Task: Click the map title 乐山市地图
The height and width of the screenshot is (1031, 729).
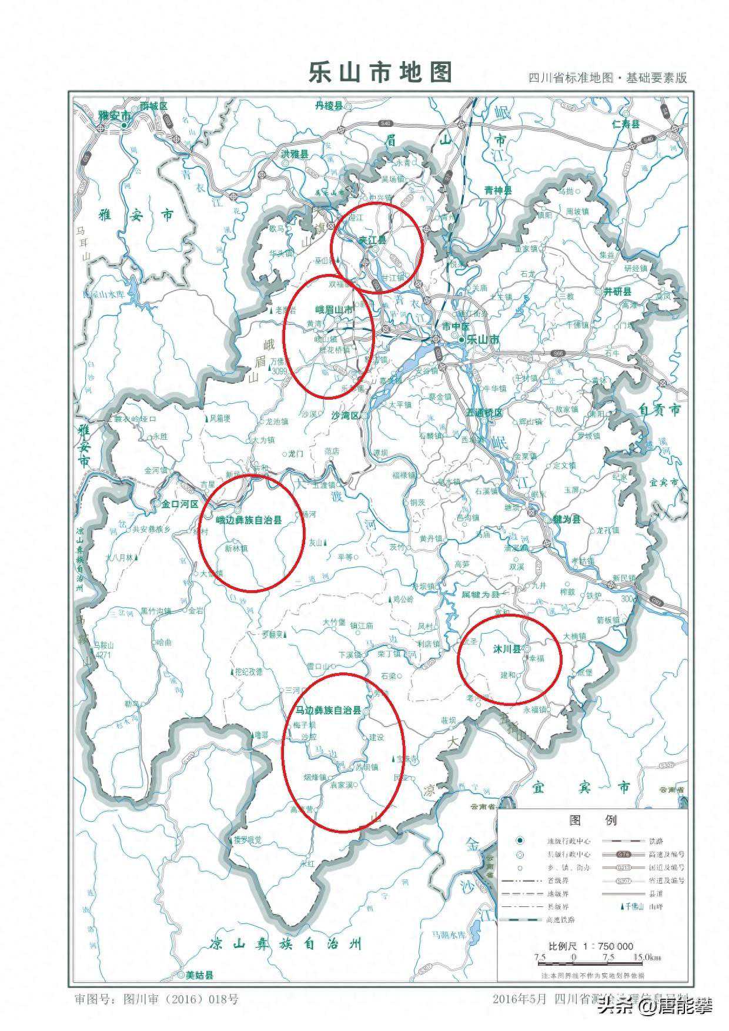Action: (x=380, y=72)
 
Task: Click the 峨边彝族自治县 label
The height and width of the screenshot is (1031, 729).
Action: (x=249, y=520)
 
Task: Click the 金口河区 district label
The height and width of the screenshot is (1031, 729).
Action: (x=176, y=504)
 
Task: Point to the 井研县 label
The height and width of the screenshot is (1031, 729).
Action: (x=617, y=292)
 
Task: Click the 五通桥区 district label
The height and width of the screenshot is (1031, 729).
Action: (x=484, y=413)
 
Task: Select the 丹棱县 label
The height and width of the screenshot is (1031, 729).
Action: (x=328, y=106)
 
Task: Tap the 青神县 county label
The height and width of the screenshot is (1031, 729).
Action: (x=498, y=190)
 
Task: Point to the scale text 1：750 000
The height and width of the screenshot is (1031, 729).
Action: (x=608, y=946)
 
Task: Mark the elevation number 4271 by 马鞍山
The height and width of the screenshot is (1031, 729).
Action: (x=103, y=654)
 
